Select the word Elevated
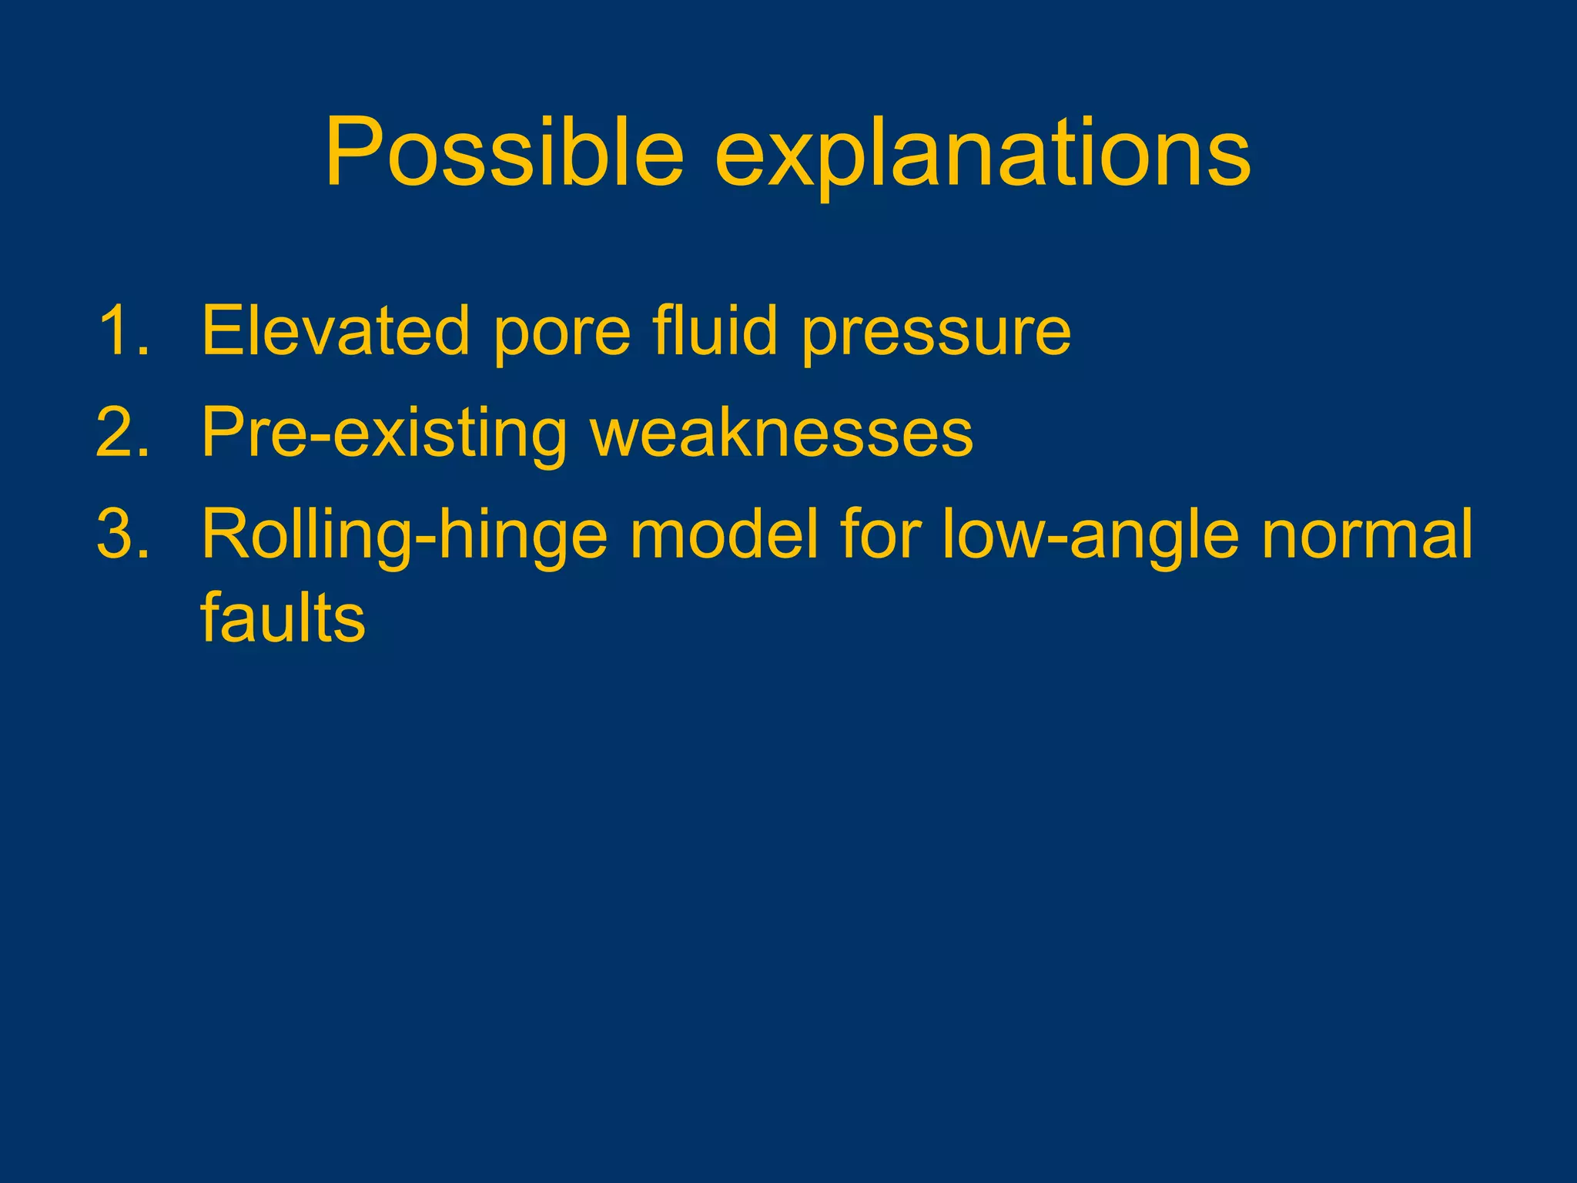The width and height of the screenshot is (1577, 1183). [x=335, y=331]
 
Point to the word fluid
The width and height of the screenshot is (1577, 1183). [x=715, y=331]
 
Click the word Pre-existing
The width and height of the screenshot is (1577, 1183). [x=383, y=434]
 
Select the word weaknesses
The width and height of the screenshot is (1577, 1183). [x=781, y=434]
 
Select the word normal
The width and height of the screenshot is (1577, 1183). [x=1366, y=535]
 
